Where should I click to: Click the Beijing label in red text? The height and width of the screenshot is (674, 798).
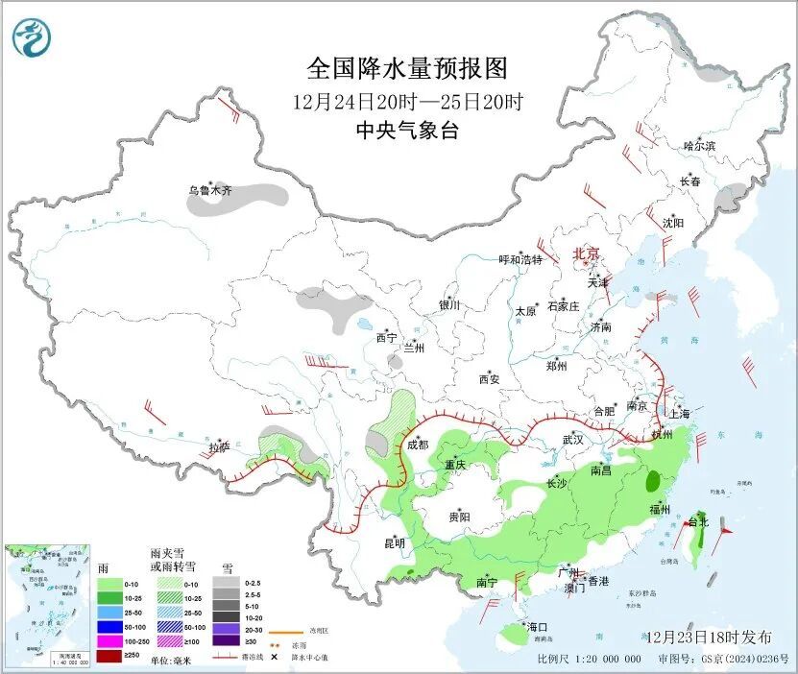586,253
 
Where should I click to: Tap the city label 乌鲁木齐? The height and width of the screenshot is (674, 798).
209,191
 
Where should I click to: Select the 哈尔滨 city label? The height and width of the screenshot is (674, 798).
699,146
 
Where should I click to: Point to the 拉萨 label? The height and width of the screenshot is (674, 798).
219,447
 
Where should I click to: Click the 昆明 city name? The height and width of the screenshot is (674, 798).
395,543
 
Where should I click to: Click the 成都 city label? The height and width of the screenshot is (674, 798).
417,445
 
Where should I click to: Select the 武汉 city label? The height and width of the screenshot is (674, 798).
573,439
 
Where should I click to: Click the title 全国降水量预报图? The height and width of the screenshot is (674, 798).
406,69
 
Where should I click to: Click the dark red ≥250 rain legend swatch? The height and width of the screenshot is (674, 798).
109,655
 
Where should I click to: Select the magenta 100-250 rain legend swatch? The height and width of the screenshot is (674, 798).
109,641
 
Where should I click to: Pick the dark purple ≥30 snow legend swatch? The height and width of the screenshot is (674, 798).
223,641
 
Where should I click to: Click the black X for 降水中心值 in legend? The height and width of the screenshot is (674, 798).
275,656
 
